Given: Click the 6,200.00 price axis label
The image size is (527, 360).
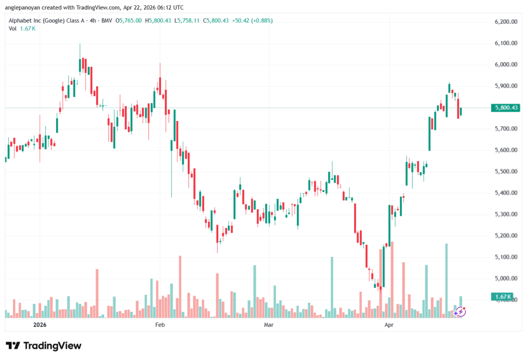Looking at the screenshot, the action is tap(506, 22).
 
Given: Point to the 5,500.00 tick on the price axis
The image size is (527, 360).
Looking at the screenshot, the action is tap(506, 172).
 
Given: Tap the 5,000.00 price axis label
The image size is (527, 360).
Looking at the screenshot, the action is tap(506, 278).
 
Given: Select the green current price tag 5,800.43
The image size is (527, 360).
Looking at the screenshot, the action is tap(505, 108).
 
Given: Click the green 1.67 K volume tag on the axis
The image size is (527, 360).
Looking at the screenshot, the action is tap(502, 297).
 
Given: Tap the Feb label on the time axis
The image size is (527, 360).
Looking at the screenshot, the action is tap(160, 324).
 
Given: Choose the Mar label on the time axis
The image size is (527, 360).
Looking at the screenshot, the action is tap(269, 324).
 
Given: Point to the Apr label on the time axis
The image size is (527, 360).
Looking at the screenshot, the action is tap(389, 324).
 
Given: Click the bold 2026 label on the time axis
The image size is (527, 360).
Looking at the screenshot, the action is tap(40, 324).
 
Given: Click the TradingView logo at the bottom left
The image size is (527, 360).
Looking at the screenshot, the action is tap(44, 346).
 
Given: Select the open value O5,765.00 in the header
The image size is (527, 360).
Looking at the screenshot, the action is tap(128, 21).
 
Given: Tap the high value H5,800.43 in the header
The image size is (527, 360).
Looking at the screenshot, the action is tap(158, 21).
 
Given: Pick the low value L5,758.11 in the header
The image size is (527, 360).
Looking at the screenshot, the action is tap(187, 21).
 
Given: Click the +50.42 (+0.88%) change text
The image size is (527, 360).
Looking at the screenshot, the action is tap(252, 21).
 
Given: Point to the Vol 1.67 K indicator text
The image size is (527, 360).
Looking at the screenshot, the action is tap(22, 29).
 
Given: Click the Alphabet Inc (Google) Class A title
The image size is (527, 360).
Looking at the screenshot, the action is tap(46, 21).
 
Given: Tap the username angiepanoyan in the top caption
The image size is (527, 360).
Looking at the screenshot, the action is tap(22, 7).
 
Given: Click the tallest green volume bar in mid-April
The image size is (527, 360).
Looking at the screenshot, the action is tap(446, 281).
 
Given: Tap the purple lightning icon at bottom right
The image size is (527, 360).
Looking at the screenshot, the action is tap(460, 312).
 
